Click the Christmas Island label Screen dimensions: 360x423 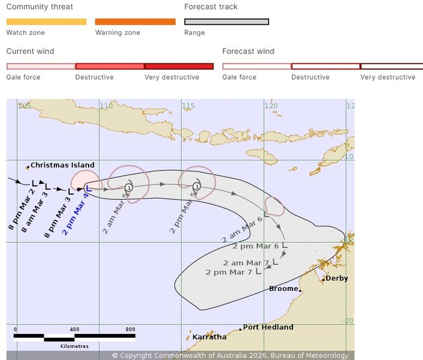coord(63,165)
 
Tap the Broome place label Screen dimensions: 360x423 coord(283,288)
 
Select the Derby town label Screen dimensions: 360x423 coord(336,278)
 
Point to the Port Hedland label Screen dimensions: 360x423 coord(268,327)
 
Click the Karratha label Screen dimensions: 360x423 coord(209,337)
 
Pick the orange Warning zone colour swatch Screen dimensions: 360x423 coord(135,22)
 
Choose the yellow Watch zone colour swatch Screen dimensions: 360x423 coord(46,22)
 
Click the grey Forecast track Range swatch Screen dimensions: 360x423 coord(226,22)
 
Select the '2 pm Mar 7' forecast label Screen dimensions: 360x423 coord(229,272)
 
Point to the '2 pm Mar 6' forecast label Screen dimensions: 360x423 coord(255,246)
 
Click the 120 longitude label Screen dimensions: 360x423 coord(271,105)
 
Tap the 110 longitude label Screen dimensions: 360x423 coord(106,105)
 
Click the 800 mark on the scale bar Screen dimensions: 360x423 coord(130,330)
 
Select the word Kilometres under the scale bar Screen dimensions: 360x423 coord(75,346)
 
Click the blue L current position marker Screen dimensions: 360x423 coord(89,188)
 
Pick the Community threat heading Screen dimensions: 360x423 coord(39,7)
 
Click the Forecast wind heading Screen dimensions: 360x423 coord(248,51)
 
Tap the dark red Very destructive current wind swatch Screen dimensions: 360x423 coord(179,66)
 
